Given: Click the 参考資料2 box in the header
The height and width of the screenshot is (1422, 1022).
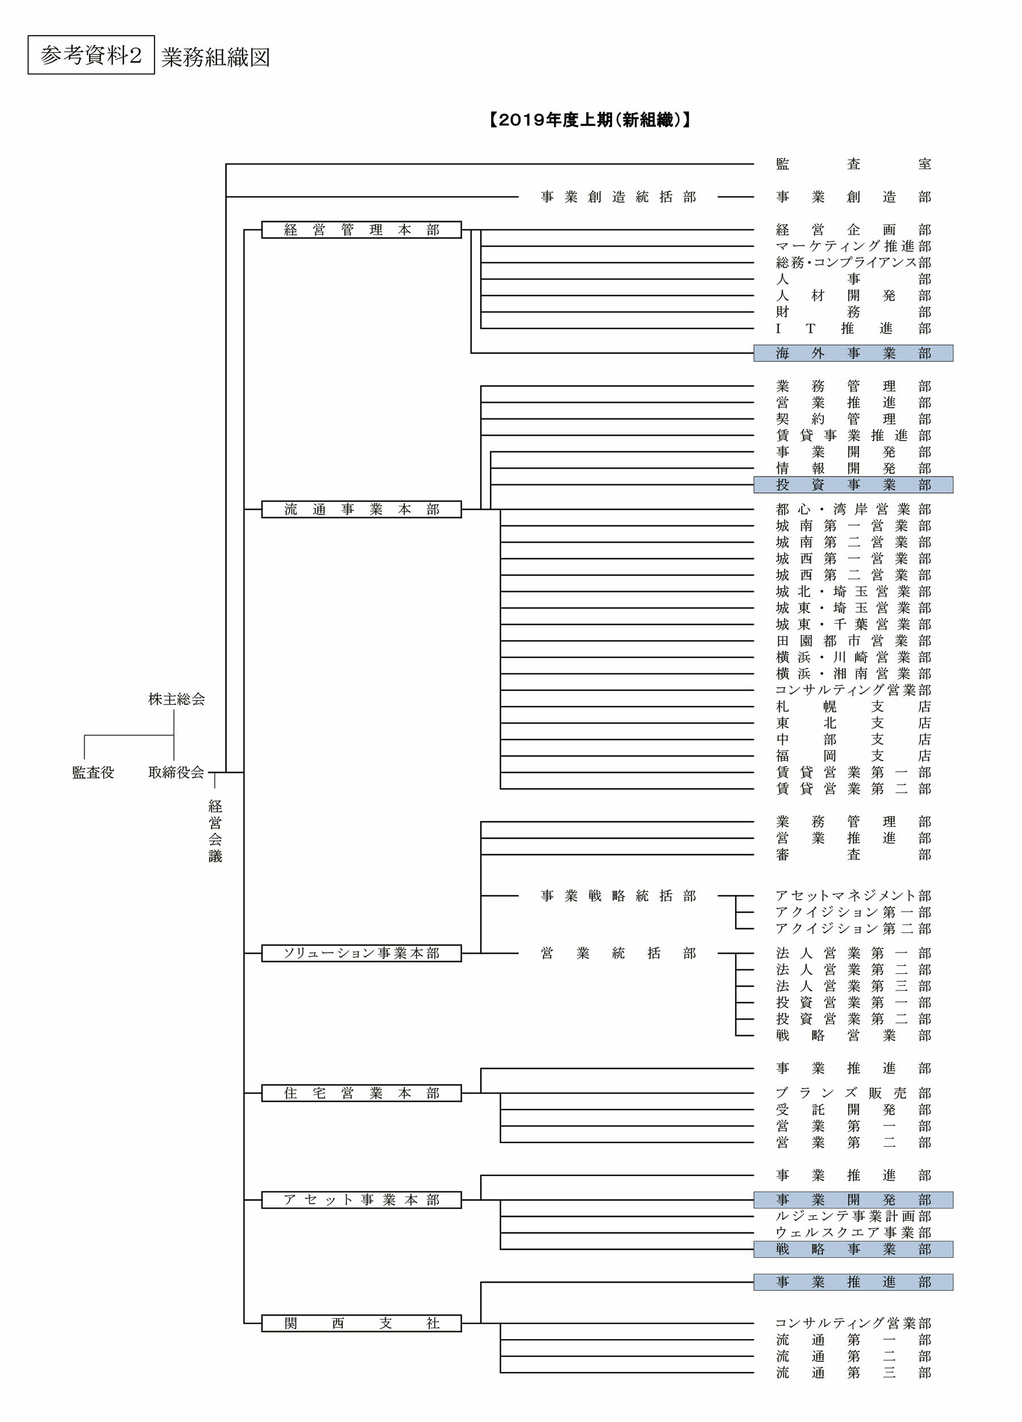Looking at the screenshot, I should tap(91, 55).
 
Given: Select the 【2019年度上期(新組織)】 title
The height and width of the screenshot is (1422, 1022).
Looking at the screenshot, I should tap(589, 120).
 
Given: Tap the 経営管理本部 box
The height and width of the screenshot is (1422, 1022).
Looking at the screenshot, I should tap(361, 230).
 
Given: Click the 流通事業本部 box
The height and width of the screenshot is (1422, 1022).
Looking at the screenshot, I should tap(361, 509).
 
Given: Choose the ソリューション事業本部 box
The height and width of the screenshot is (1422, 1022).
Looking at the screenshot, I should tap(361, 953).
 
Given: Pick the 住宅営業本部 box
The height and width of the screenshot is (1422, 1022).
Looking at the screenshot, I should tap(361, 1093).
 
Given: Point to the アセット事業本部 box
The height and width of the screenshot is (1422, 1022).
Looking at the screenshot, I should tap(361, 1200).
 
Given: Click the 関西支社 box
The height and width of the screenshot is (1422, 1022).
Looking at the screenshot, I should tap(361, 1324).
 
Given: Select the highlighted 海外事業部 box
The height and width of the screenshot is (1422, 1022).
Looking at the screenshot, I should tap(853, 354).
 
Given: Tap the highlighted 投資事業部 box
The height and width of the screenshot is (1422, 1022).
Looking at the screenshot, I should tap(853, 484).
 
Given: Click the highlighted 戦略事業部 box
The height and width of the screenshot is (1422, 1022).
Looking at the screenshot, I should tap(853, 1249).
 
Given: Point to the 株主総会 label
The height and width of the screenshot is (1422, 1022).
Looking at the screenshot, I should tap(176, 699).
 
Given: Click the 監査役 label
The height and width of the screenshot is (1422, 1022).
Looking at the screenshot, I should tap(93, 772).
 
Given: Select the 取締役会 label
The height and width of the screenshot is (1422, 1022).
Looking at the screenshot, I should tap(176, 772).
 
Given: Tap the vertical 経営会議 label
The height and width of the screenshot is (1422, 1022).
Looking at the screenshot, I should tap(215, 831).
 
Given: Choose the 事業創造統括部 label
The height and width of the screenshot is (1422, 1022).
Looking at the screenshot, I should tap(618, 197).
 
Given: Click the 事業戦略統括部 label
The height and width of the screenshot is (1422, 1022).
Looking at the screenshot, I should tap(618, 896).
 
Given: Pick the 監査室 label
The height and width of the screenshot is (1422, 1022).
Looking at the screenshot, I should tap(853, 164).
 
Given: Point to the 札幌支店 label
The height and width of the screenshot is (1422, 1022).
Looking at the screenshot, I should tap(853, 706).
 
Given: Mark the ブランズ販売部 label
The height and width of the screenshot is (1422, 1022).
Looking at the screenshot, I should tap(853, 1093).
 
